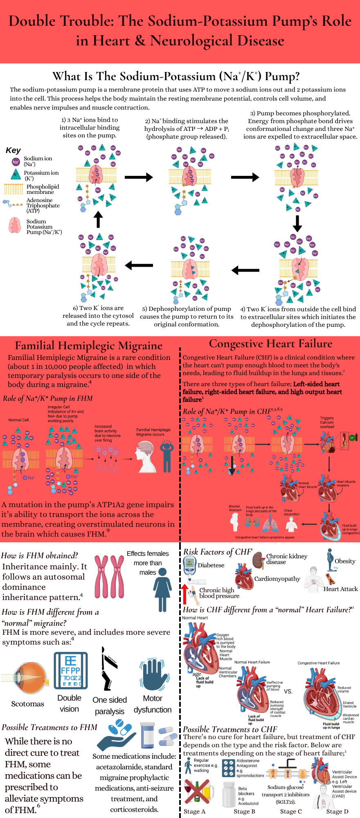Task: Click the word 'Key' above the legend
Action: (x=13, y=151)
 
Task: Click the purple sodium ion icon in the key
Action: (x=16, y=162)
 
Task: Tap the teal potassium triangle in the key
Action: (x=16, y=175)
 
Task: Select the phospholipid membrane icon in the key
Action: (x=13, y=189)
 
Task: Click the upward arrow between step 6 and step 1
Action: (x=98, y=219)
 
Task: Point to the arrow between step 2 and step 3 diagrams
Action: (x=245, y=177)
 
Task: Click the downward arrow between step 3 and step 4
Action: (x=297, y=223)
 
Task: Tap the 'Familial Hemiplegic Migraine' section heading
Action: (x=89, y=346)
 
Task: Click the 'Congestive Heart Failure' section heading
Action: (x=270, y=344)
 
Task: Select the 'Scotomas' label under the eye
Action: (x=27, y=704)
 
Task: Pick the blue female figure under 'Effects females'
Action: (x=162, y=589)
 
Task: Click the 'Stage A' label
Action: (x=194, y=811)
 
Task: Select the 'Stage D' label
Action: (x=337, y=811)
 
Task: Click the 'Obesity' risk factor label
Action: (x=345, y=561)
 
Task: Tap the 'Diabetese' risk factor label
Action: (x=211, y=565)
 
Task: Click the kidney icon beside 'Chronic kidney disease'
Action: (x=258, y=560)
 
